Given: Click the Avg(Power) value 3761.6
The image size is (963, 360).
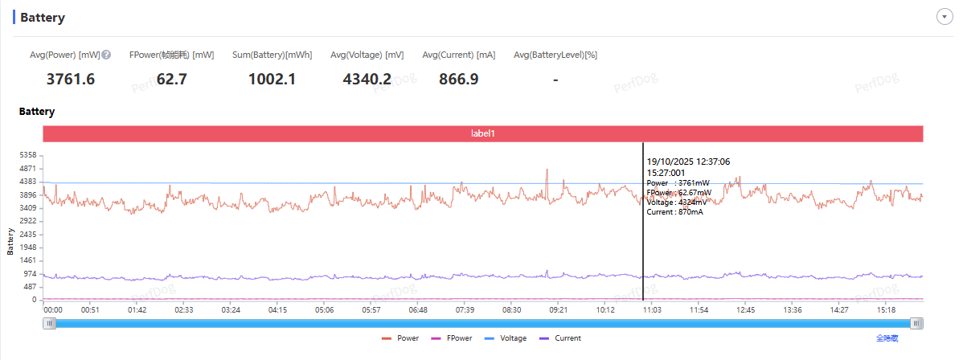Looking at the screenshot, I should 71,79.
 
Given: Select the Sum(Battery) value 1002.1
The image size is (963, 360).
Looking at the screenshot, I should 272,79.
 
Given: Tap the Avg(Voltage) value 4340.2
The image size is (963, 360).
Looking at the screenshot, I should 367,79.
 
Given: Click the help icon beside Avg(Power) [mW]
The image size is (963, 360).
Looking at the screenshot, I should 106,55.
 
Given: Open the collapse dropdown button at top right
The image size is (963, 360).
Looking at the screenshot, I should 945,18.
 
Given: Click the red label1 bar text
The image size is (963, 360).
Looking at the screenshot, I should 482,133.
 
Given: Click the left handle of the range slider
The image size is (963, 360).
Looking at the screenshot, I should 50,323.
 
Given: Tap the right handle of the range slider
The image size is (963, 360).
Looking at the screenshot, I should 916,323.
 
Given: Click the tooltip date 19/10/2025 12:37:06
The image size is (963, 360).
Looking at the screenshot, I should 687,162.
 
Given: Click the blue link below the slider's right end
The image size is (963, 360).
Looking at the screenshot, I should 887,338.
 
